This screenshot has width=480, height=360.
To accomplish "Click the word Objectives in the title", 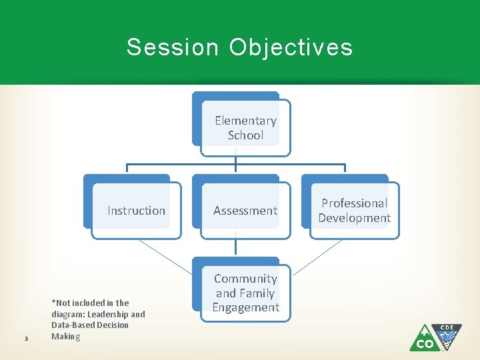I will (291, 47).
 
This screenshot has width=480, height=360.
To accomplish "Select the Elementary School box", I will (245, 128).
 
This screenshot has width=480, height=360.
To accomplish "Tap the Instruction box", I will (136, 211).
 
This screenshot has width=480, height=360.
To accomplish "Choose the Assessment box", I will (245, 211).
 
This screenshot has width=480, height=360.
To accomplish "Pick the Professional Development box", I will (354, 211).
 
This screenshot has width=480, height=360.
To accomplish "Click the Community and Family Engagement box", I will (245, 293).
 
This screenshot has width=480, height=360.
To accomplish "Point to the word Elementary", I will (245, 121).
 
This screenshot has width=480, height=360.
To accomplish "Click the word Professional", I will (354, 203).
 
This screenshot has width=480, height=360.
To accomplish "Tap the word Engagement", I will (245, 307).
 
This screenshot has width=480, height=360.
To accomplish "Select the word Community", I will (245, 279).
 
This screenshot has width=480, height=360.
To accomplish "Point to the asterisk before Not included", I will (53, 302).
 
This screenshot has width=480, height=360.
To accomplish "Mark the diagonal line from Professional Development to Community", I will (317, 257).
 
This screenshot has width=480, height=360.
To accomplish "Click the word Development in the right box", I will (354, 218).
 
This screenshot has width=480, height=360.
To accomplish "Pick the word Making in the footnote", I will (65, 337).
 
